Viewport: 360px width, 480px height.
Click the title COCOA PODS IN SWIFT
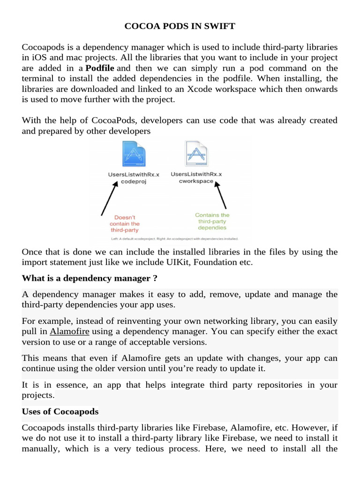click(x=180, y=26)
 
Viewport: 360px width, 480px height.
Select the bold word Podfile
click(x=100, y=68)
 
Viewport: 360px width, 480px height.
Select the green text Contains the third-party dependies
click(x=212, y=221)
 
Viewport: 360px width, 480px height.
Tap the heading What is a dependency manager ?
click(x=90, y=278)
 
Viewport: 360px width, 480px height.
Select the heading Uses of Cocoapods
click(x=60, y=412)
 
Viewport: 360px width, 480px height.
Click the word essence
click(x=57, y=384)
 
